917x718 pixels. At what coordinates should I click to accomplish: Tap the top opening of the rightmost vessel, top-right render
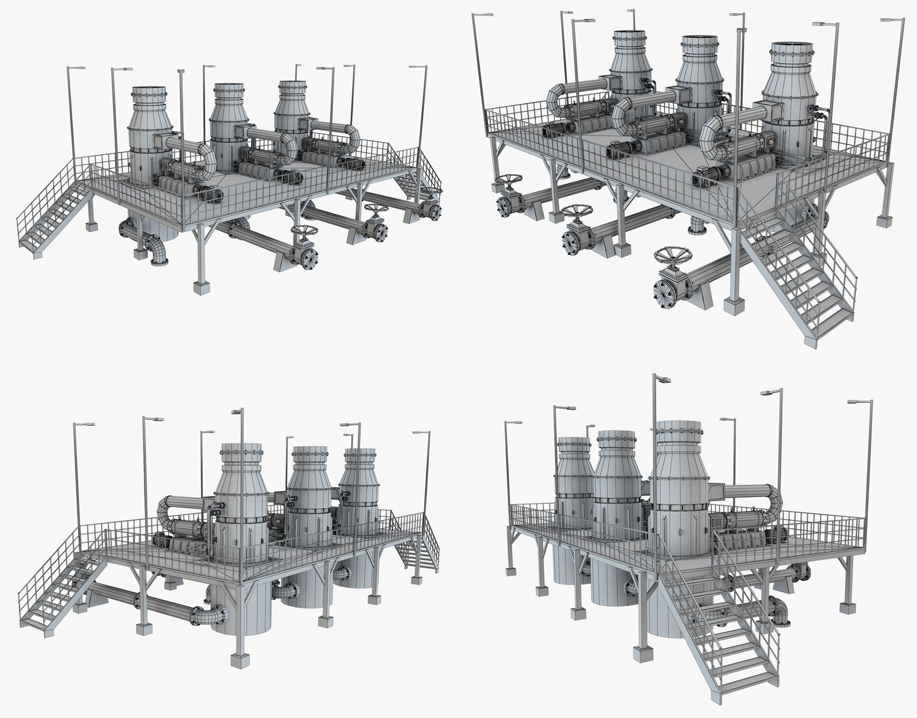pyautogui.click(x=791, y=46)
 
